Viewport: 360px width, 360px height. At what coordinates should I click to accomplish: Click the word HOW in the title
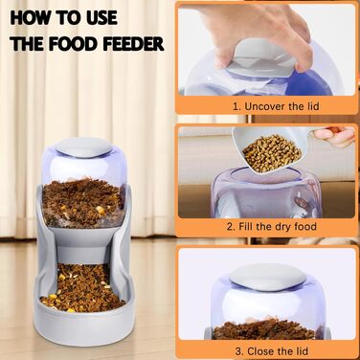pyautogui.click(x=30, y=18)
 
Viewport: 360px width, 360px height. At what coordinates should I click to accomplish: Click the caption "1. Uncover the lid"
pyautogui.click(x=276, y=106)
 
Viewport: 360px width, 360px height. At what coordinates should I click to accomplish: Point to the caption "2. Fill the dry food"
pyautogui.click(x=272, y=227)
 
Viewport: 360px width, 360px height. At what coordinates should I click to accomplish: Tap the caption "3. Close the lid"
pyautogui.click(x=272, y=351)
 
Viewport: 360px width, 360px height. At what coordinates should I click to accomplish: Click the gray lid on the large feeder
pyautogui.click(x=83, y=147)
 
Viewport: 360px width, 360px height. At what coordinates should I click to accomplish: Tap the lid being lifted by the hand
pyautogui.click(x=264, y=57)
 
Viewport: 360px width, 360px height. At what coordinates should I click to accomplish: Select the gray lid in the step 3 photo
pyautogui.click(x=267, y=277)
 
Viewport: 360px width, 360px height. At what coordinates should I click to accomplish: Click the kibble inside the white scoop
pyautogui.click(x=272, y=153)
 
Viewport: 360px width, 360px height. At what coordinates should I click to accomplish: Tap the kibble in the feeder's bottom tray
pyautogui.click(x=83, y=289)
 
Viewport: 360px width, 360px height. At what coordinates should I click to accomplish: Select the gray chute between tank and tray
pyautogui.click(x=83, y=247)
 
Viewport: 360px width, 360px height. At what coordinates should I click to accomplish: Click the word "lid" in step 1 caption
pyautogui.click(x=313, y=106)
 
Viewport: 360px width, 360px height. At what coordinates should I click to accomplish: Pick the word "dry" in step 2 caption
pyautogui.click(x=281, y=227)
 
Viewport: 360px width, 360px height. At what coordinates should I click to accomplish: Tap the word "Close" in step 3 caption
pyautogui.click(x=261, y=351)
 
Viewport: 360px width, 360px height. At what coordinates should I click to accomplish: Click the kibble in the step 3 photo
pyautogui.click(x=263, y=328)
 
